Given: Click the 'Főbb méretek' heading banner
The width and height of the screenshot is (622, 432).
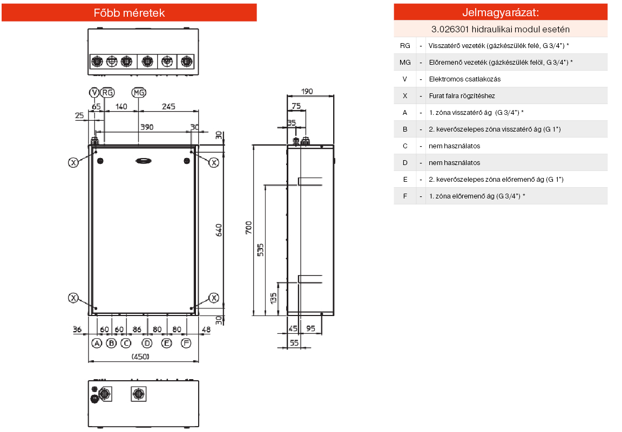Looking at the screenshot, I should (129, 12).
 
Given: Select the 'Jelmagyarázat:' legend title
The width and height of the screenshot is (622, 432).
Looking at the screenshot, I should (501, 12).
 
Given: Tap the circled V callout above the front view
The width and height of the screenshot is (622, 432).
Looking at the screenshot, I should (94, 93).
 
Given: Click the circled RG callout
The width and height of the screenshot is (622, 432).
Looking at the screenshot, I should (107, 93).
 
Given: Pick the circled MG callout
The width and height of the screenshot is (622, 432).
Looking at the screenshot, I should (139, 93).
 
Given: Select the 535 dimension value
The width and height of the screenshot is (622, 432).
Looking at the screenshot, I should (261, 249).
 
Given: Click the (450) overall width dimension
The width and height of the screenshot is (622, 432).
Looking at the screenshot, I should (140, 356).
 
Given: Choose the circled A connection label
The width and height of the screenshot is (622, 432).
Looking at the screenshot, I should (97, 343).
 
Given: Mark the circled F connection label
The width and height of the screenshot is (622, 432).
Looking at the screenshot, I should (186, 343).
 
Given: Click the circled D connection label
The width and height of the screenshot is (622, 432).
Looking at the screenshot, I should (147, 343).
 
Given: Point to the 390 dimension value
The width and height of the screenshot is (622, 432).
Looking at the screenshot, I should (146, 127).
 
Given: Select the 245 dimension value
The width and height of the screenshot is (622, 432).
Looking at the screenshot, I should (168, 107).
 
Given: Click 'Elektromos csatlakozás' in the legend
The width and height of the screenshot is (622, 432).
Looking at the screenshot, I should (464, 79).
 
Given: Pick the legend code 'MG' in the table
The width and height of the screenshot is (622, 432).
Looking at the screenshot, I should (405, 63).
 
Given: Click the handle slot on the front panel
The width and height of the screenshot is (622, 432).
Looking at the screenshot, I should (144, 160).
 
